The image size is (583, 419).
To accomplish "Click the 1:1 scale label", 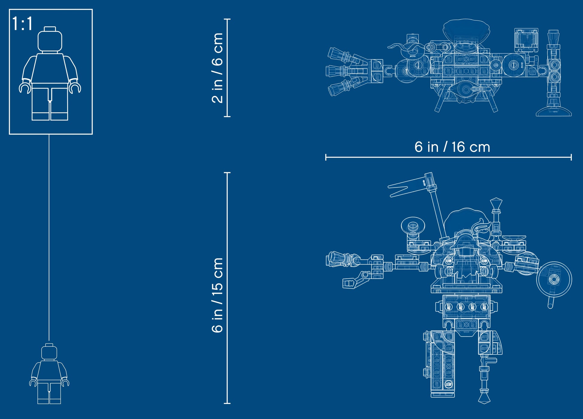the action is click(x=22, y=24).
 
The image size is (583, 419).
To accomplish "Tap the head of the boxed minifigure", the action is click(x=50, y=40).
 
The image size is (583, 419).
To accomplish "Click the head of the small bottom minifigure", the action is click(x=49, y=352).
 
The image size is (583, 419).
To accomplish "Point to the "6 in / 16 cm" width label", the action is click(x=452, y=147).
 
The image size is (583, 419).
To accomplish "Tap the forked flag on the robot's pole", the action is click(x=407, y=186).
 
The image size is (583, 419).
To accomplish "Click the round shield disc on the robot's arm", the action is click(x=554, y=280).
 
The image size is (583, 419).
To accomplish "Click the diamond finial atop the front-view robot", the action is click(x=496, y=202).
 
